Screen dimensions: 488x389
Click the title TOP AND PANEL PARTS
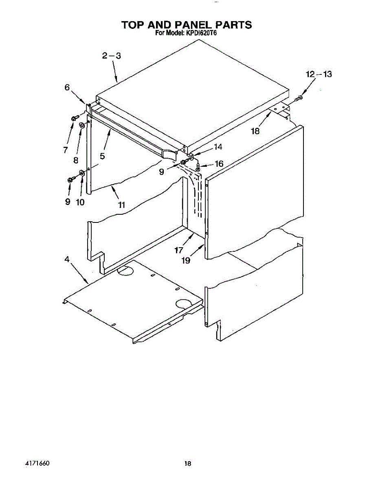pyautogui.click(x=187, y=25)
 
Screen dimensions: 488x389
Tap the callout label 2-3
pyautogui.click(x=111, y=56)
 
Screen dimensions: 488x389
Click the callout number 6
pyautogui.click(x=67, y=87)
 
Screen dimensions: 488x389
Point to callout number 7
pyautogui.click(x=66, y=150)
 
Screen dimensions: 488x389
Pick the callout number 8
pyautogui.click(x=76, y=160)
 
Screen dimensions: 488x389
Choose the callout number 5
pyautogui.click(x=102, y=155)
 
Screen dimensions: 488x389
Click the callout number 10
pyautogui.click(x=80, y=202)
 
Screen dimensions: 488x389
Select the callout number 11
pyautogui.click(x=121, y=205)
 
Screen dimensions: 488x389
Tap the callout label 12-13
pyautogui.click(x=319, y=74)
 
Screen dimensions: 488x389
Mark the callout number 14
pyautogui.click(x=218, y=147)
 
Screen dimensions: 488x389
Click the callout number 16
pyautogui.click(x=219, y=164)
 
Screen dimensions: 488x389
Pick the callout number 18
pyautogui.click(x=255, y=131)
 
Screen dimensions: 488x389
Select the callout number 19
pyautogui.click(x=186, y=261)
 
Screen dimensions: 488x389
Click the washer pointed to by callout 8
pyautogui.click(x=81, y=125)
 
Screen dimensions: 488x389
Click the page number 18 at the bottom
pyautogui.click(x=187, y=463)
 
